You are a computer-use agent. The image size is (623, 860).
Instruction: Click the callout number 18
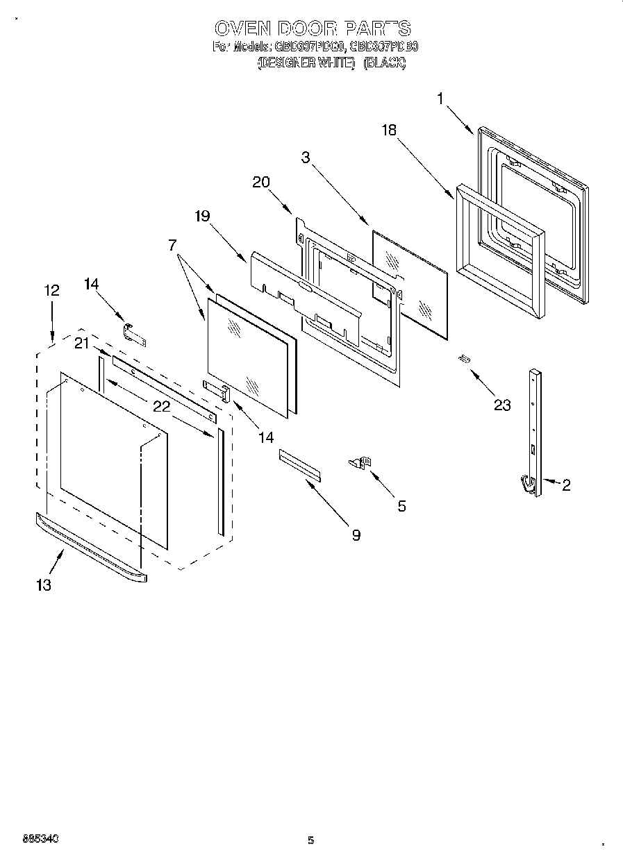click(390, 130)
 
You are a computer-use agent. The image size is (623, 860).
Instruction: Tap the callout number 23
click(501, 405)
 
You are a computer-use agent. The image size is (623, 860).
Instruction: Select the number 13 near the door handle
click(43, 585)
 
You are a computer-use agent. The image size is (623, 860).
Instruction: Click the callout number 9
click(356, 534)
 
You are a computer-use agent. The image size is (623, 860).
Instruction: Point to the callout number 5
click(401, 506)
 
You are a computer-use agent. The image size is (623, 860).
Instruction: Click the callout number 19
click(201, 216)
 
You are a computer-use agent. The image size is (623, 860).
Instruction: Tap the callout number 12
click(51, 291)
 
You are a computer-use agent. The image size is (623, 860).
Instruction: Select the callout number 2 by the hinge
click(566, 486)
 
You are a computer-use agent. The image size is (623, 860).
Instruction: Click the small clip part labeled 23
click(464, 358)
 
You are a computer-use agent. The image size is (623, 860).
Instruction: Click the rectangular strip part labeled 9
click(301, 464)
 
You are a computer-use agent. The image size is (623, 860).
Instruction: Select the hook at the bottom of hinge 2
click(529, 482)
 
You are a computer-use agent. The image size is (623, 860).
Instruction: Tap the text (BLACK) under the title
click(384, 63)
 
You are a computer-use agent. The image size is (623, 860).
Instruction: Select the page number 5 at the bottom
click(311, 841)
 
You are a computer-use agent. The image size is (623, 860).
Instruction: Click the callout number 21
click(83, 342)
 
